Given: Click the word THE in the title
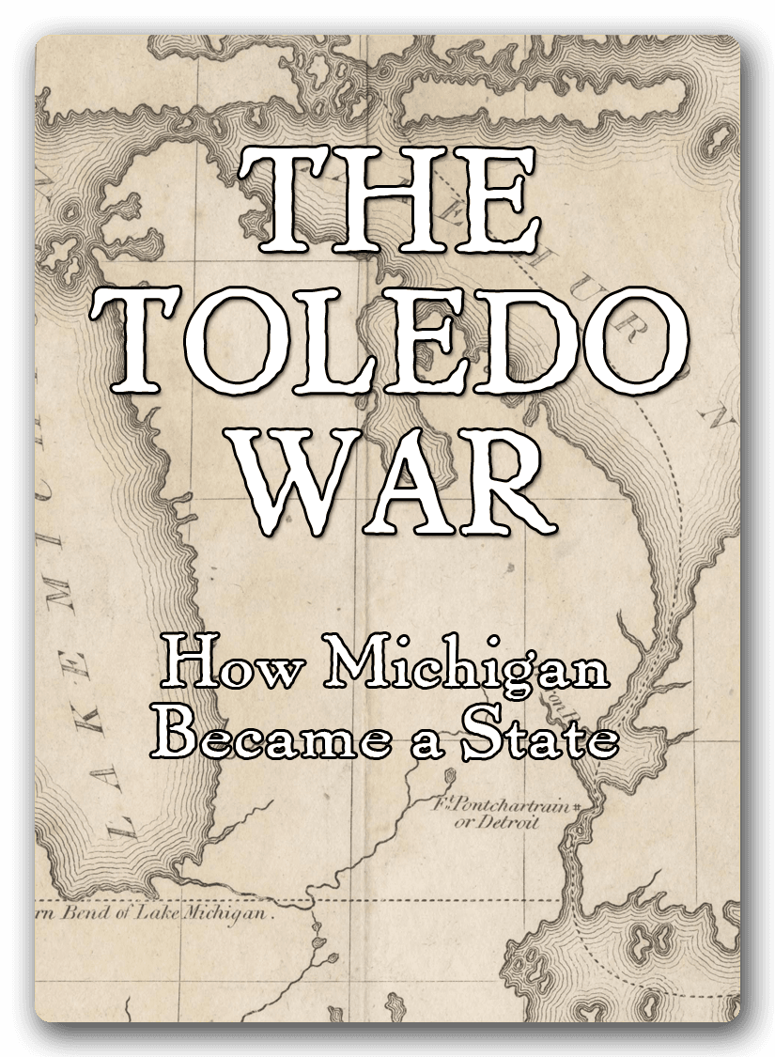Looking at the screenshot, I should tap(388, 200).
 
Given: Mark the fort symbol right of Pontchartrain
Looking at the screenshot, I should tap(575, 806).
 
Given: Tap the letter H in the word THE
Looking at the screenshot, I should tap(387, 200).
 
